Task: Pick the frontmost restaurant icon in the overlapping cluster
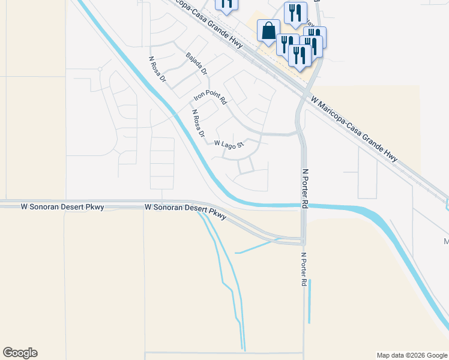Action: click(x=299, y=55)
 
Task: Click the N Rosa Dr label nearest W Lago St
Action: click(x=198, y=122)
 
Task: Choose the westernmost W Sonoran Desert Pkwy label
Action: click(x=62, y=207)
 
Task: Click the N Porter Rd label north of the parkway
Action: click(x=305, y=188)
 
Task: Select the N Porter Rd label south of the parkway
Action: click(x=304, y=268)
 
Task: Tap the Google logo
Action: click(x=20, y=353)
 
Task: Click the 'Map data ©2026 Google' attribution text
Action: click(x=412, y=355)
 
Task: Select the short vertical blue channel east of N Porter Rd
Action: click(x=310, y=303)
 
